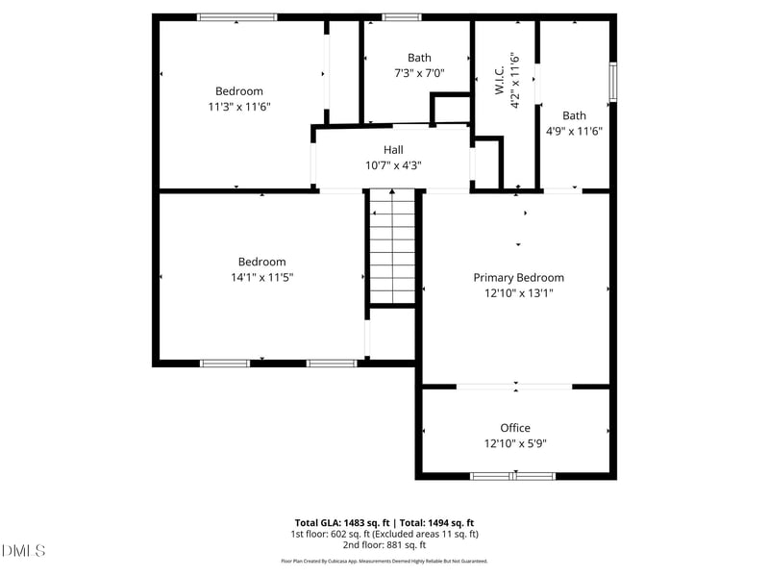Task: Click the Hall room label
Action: [393, 149]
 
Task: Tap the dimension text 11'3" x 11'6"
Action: [239, 107]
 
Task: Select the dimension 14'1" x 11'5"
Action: [261, 277]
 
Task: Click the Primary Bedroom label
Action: [518, 277]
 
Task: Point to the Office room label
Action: [514, 428]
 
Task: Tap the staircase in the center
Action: [392, 247]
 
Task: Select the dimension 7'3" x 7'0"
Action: [419, 73]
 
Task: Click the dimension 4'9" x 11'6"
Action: [574, 131]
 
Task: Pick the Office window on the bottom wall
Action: [513, 475]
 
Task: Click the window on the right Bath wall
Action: [612, 82]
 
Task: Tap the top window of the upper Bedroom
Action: [236, 17]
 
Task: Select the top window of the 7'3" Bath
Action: [401, 17]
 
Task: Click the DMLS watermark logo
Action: [24, 550]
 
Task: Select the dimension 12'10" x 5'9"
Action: [514, 443]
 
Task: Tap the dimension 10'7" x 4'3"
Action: [393, 164]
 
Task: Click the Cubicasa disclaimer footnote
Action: [384, 561]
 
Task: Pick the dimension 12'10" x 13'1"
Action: [518, 293]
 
